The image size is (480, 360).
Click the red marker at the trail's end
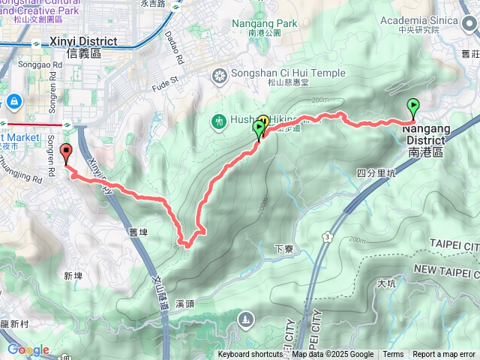(x=65, y=153)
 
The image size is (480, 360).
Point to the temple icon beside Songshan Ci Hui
(x=219, y=75)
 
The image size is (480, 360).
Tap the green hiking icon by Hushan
(x=219, y=120)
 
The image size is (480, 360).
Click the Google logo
(x=28, y=349)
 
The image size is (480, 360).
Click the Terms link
(x=393, y=355)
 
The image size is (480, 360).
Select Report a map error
(x=444, y=355)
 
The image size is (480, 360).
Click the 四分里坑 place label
(x=376, y=173)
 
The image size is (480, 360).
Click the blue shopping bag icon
(x=14, y=101)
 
